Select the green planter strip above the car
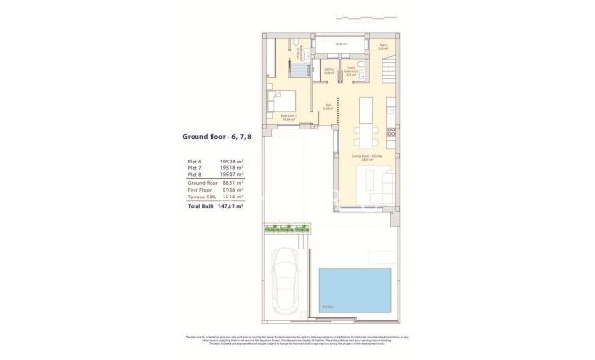[x=289, y=229]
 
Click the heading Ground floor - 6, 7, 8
[x=216, y=137]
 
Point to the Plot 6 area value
[x=231, y=162]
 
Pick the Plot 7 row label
[x=195, y=168]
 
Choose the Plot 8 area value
[x=231, y=175]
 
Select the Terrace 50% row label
[x=202, y=197]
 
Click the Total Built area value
[x=231, y=205]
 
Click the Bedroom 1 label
[x=288, y=116]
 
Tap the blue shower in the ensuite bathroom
[x=299, y=67]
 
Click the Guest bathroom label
[x=350, y=69]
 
